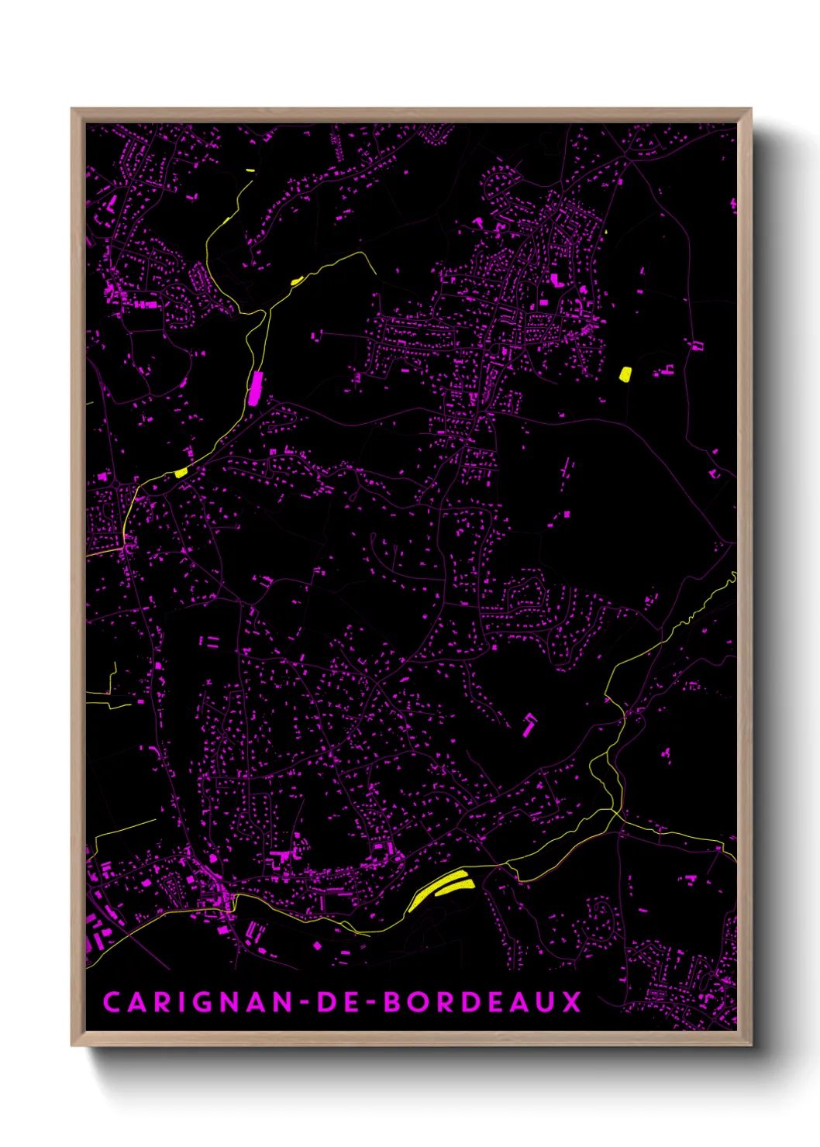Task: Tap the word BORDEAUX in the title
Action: point(483,1001)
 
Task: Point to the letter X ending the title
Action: point(572,1001)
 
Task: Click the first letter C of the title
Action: point(112,1001)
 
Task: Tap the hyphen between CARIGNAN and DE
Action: point(305,1002)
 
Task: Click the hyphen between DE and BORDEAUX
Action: point(370,1002)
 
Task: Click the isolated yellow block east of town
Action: point(625,374)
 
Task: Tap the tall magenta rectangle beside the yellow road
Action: point(256,387)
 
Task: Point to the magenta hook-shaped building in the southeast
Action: point(529,724)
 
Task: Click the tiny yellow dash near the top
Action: point(250,170)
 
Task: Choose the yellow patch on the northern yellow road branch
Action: point(296,281)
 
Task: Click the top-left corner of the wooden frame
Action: point(72,109)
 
